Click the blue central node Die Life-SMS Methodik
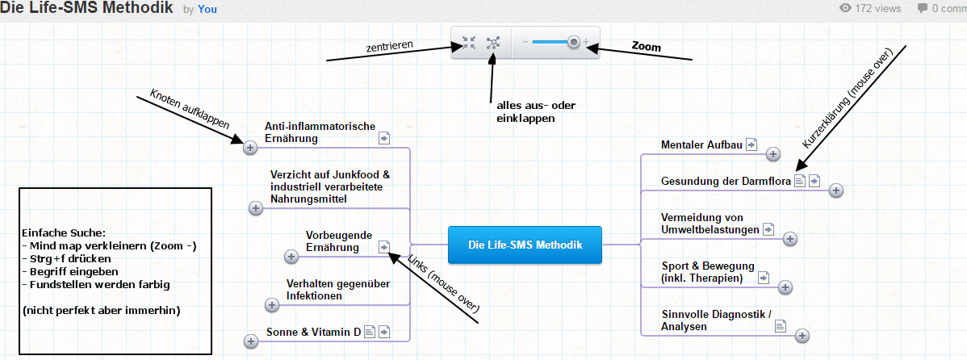pos(525,245)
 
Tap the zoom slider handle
pos(573,42)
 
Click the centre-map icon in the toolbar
pos(469,43)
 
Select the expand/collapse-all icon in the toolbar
pos(493,43)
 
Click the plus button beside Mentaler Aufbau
pos(772,153)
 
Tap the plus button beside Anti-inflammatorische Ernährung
pos(249,147)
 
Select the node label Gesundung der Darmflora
pos(725,181)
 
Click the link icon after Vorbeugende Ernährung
pos(384,247)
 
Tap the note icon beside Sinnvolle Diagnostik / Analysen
pos(780,326)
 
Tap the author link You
pos(208,10)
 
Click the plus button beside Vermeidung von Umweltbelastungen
pos(790,238)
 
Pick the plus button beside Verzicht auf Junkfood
pos(256,208)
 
